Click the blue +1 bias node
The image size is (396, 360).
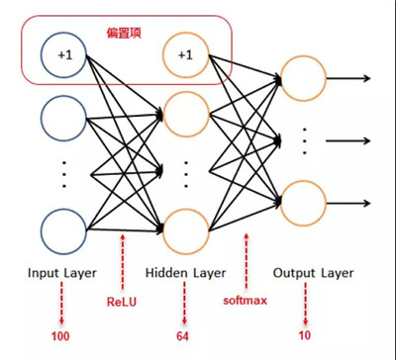pos(64,55)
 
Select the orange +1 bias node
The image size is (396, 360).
pos(184,55)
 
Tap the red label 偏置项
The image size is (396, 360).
pos(125,33)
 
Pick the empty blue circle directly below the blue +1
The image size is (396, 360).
pos(64,117)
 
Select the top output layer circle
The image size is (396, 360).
pos(303,76)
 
